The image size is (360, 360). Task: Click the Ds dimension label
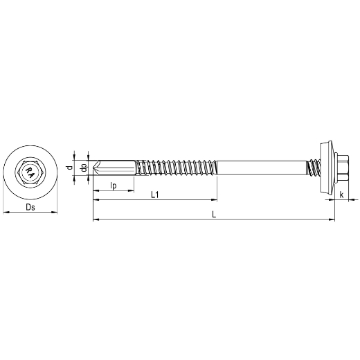tap(30, 207)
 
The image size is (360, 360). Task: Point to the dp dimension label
tap(84, 168)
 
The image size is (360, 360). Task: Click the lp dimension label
tap(114, 186)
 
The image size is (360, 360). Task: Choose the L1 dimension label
tap(155, 195)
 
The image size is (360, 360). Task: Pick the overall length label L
tap(214, 215)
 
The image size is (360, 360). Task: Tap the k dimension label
tap(342, 195)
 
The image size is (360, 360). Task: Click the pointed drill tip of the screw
tap(93, 168)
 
